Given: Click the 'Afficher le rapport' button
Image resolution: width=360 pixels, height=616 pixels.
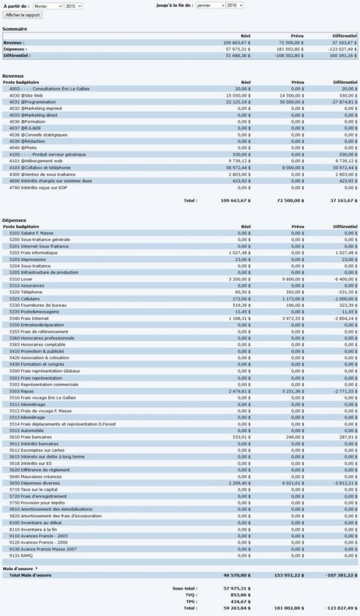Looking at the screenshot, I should click(22, 14).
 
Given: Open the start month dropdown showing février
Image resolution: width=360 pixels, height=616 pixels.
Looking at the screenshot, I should click(48, 5).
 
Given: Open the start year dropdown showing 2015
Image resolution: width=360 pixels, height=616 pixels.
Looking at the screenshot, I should click(73, 5).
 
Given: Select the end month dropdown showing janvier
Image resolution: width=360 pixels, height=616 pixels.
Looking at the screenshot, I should click(209, 5).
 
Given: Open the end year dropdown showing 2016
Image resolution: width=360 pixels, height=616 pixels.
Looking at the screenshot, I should click(235, 5).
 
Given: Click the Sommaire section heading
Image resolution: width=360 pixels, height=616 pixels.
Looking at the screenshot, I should click(14, 29).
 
